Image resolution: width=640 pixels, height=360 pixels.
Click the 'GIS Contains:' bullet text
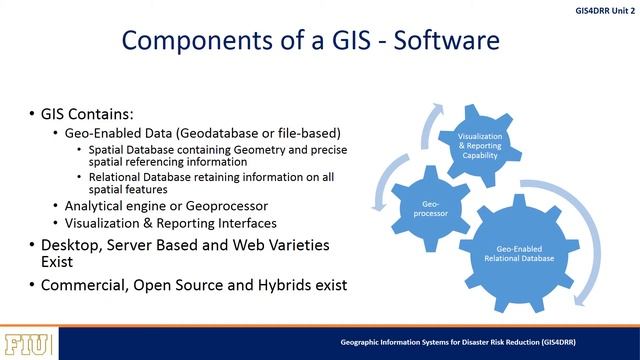click(x=85, y=113)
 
